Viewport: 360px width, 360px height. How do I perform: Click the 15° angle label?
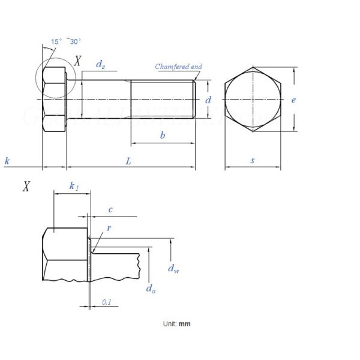(x=56, y=41)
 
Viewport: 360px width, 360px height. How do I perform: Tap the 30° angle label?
(x=74, y=41)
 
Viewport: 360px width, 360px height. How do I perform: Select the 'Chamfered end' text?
(x=178, y=67)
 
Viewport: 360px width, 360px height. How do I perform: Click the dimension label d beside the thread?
(x=208, y=100)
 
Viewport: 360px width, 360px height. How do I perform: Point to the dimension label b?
(x=162, y=136)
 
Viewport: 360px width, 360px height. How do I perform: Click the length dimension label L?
(x=128, y=161)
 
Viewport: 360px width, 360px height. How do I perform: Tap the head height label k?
(x=7, y=161)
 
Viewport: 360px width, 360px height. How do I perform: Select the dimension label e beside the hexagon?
(x=293, y=100)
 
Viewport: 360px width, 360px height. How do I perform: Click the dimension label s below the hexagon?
(x=253, y=161)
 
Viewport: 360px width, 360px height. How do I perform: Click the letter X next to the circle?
(x=78, y=61)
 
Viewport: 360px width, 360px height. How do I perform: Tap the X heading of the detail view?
(x=26, y=187)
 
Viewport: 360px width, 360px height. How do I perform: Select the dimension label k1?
(x=73, y=187)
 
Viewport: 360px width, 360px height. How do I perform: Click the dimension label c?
(x=110, y=209)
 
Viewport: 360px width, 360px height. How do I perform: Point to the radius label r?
(x=109, y=229)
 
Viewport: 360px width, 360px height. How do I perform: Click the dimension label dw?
(x=173, y=269)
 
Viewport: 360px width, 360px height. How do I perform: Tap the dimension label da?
(x=151, y=289)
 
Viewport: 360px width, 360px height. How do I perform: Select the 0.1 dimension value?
(x=106, y=302)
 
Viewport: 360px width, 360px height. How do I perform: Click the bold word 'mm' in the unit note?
(x=185, y=323)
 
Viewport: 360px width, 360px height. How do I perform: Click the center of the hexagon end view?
(x=253, y=99)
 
